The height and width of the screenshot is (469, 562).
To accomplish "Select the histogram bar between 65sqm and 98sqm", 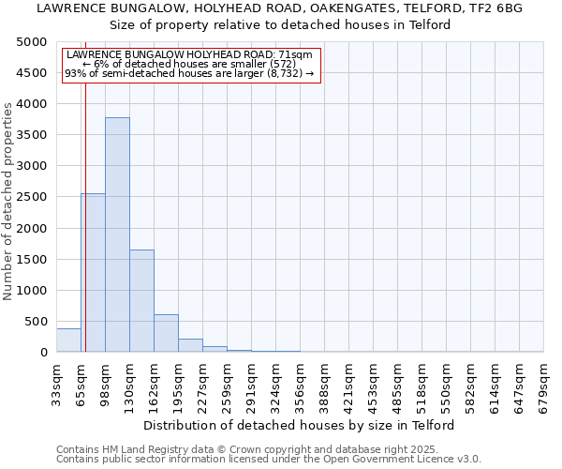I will coord(93,272).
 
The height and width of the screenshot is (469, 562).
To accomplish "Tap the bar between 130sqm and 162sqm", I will coord(141,300).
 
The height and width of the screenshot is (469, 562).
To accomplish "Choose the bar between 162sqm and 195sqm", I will coord(166,333).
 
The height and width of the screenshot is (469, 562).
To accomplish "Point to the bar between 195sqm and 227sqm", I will coord(190,345).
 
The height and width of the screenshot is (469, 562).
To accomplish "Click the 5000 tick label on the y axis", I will coord(31,42).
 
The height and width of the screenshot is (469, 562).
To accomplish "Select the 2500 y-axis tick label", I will coord(31,197).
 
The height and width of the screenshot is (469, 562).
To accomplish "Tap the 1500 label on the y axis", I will coord(31,259).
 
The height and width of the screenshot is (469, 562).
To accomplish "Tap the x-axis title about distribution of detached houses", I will coord(300,425).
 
